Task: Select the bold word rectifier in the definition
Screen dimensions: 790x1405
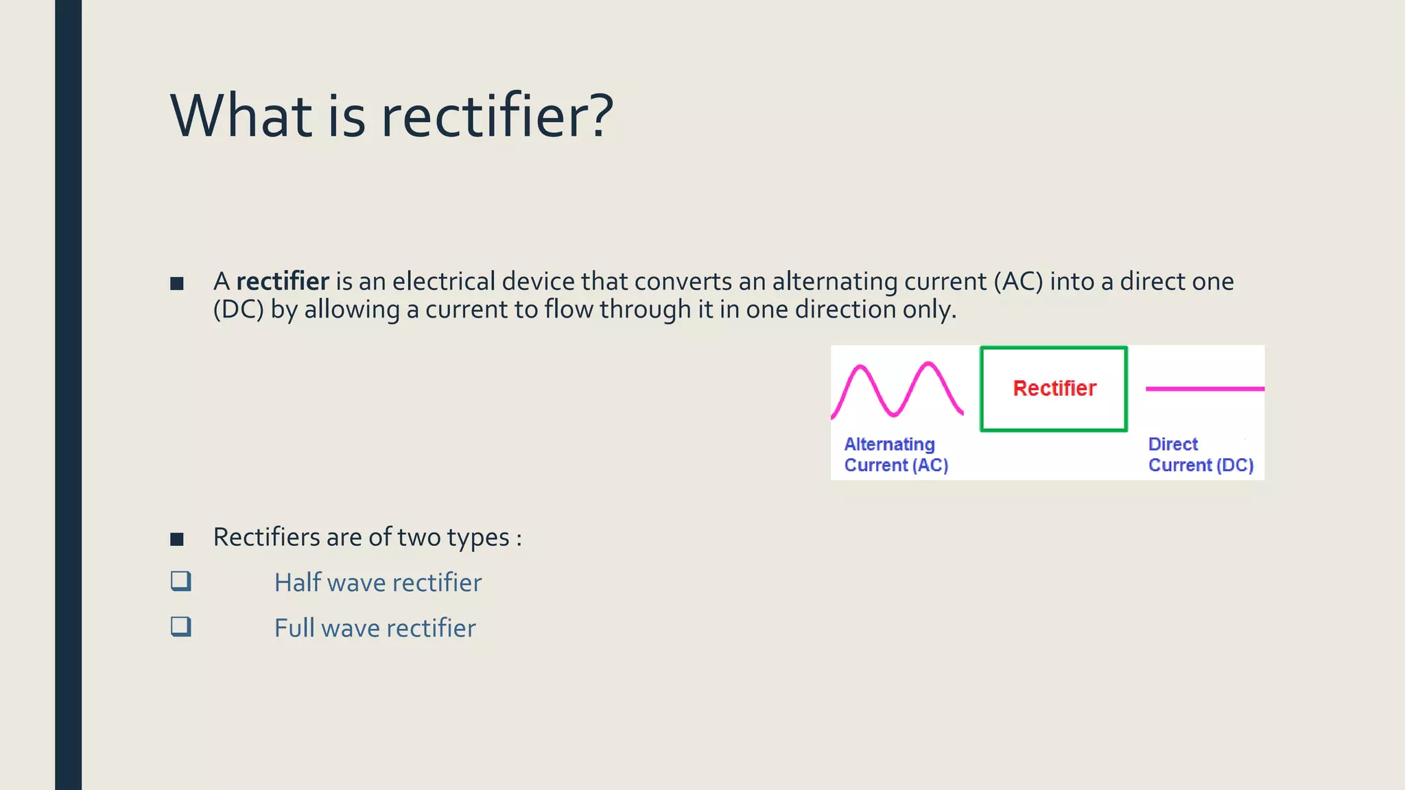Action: [283, 282]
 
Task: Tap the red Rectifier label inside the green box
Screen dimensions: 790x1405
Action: [1054, 389]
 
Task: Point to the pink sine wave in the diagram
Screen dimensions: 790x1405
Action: [897, 390]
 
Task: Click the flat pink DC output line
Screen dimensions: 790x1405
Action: [1205, 389]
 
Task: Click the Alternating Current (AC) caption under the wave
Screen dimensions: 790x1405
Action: [895, 455]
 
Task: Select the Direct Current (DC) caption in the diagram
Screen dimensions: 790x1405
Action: [1200, 455]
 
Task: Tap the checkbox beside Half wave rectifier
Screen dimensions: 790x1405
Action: [181, 582]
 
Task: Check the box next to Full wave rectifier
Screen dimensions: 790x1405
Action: [181, 627]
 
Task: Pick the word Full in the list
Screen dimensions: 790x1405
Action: [295, 627]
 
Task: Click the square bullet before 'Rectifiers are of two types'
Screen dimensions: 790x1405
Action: [177, 539]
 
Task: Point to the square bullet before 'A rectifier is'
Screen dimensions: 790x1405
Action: [177, 283]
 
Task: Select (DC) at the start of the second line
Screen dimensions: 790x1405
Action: [238, 310]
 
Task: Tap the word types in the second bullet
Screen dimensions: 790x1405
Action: [478, 538]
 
